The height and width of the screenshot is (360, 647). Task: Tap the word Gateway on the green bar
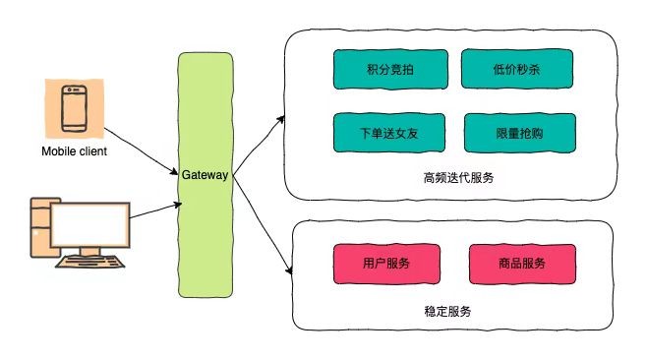click(x=205, y=175)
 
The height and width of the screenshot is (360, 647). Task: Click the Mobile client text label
click(x=74, y=151)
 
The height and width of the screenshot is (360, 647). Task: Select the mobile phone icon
click(x=74, y=108)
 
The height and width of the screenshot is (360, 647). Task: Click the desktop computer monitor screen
click(x=91, y=224)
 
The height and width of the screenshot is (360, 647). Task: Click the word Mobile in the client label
click(x=56, y=151)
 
